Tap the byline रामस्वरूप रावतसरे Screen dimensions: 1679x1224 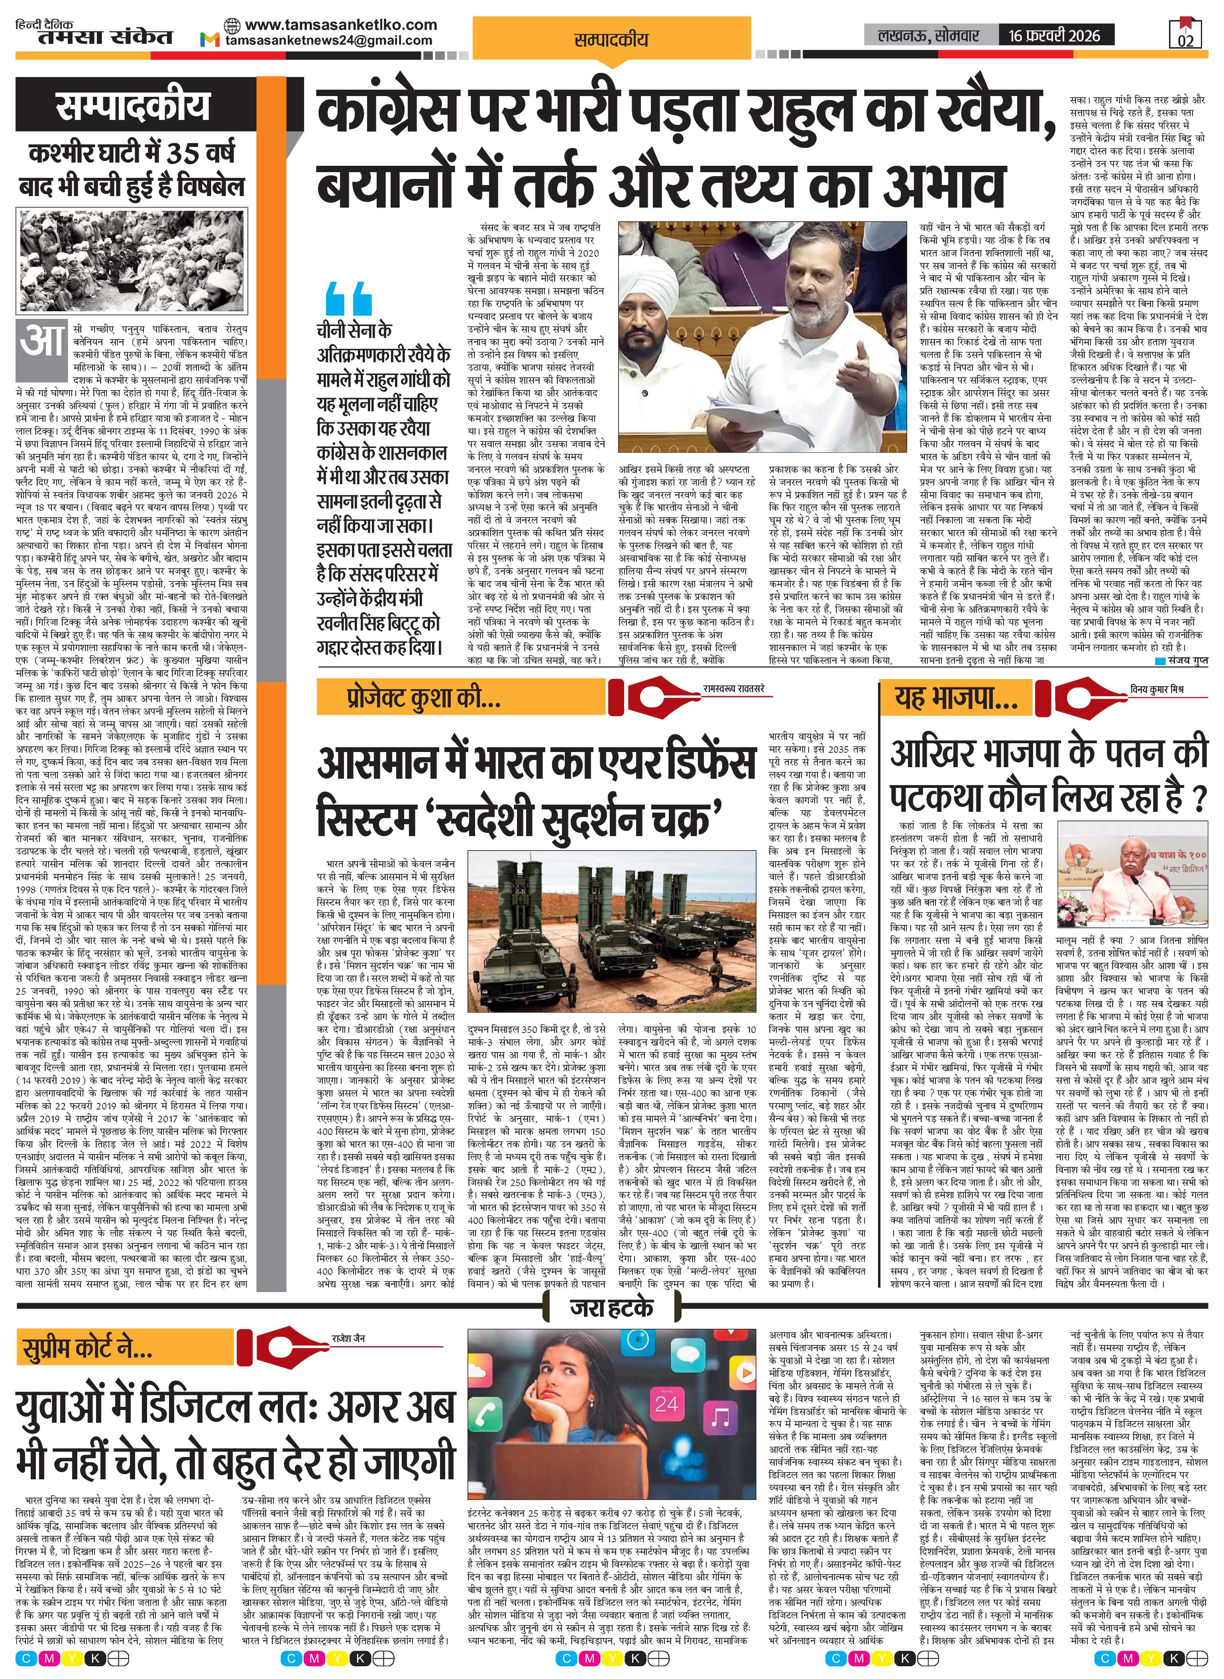tap(733, 689)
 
